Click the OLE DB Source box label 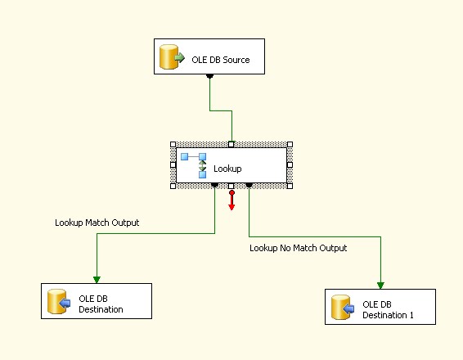point(221,60)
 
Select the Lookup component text point(227,169)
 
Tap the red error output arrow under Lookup point(231,201)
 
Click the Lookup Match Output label point(97,223)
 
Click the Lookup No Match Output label point(298,248)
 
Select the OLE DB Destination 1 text point(388,310)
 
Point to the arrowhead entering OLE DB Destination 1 point(381,284)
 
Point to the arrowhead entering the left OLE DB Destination point(97,278)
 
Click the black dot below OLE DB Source point(210,76)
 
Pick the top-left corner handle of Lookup point(173,144)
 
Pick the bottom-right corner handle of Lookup point(290,186)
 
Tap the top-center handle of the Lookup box point(231,144)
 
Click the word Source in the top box point(234,60)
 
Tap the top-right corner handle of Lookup point(290,144)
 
